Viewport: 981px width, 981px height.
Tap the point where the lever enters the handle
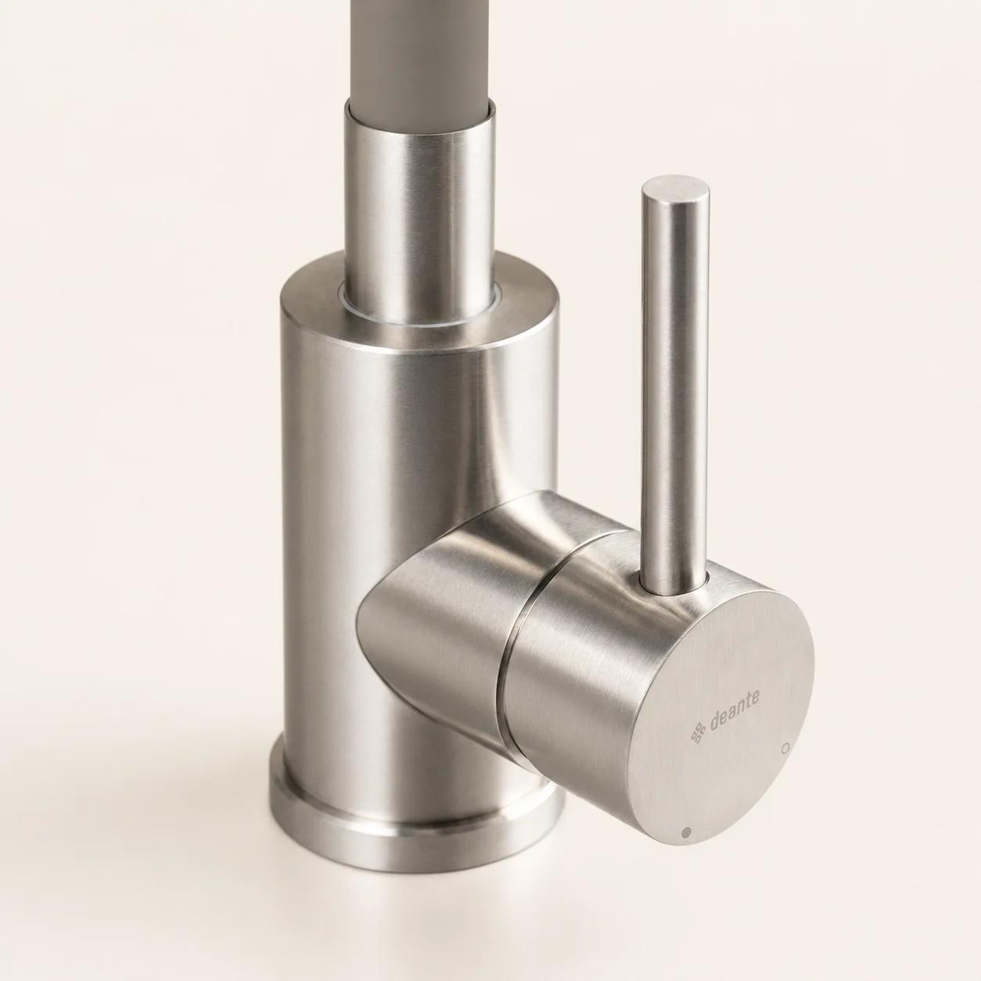[x=672, y=590]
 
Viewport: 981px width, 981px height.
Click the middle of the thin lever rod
[x=674, y=387]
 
